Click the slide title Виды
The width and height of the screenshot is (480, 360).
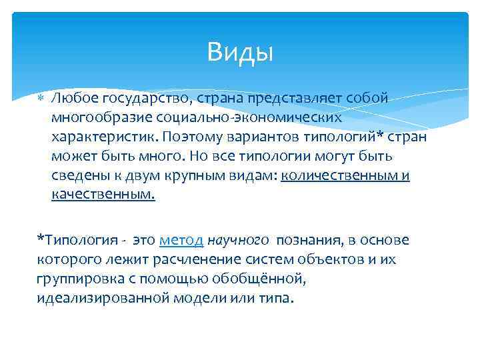coord(240,51)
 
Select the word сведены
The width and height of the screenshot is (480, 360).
coord(75,176)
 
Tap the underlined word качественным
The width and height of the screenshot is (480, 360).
coord(103,195)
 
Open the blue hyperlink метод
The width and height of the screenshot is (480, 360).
coord(181,240)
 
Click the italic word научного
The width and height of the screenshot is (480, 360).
coord(238,240)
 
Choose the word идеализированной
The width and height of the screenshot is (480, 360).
coord(103,298)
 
